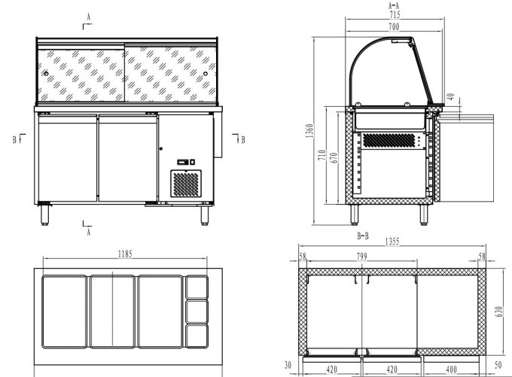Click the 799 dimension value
pos(362,257)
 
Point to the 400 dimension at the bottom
pos(450,369)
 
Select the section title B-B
pos(362,236)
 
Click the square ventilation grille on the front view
pos(187,184)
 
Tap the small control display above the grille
pos(185,162)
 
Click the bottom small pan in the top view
pos(197,335)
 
